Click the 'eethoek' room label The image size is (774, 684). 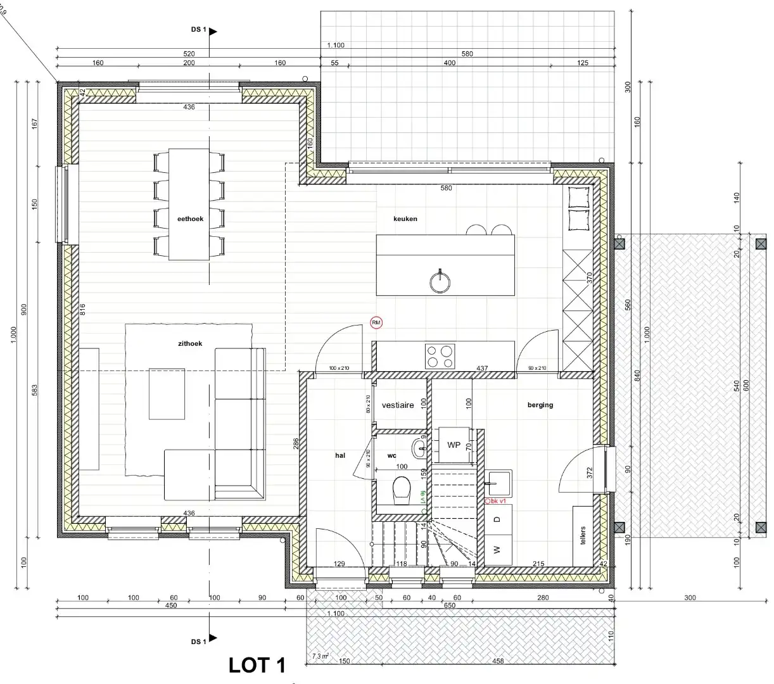click(190, 219)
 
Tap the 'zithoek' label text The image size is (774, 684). click(190, 344)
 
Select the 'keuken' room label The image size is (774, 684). click(405, 219)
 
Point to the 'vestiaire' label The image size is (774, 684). click(398, 405)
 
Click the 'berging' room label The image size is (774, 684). click(540, 405)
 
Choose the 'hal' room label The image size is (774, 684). click(340, 455)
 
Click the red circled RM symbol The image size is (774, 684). click(377, 323)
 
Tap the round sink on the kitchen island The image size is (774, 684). click(440, 278)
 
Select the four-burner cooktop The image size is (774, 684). click(440, 355)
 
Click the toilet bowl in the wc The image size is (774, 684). click(402, 490)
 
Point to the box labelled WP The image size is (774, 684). click(454, 445)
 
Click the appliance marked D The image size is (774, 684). click(498, 520)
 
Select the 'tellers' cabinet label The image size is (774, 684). click(583, 535)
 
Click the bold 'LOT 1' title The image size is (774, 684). click(257, 665)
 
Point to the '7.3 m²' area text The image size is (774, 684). click(321, 656)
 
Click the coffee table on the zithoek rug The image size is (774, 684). click(167, 393)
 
